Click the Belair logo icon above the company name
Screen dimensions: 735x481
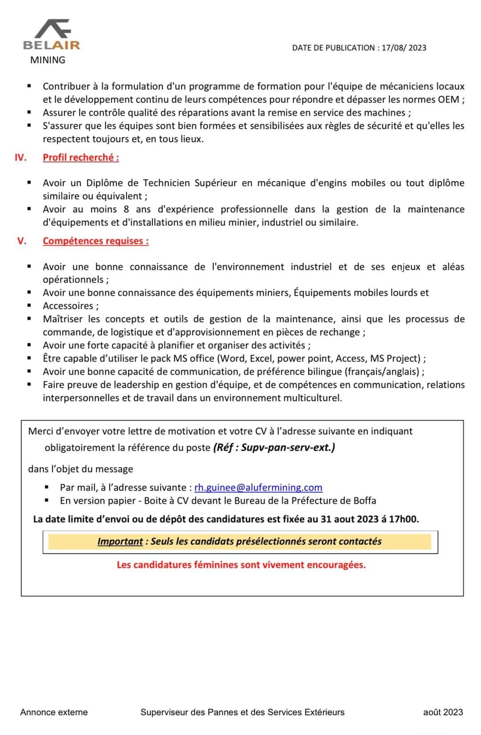coord(53,29)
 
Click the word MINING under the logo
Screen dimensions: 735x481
coord(48,60)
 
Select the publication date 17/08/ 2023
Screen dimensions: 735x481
coord(404,48)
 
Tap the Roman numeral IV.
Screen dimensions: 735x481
coord(20,157)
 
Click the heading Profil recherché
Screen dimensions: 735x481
coord(81,157)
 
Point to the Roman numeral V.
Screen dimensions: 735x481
coord(22,241)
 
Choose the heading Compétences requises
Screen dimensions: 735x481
coord(95,241)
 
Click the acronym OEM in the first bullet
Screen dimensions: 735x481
coord(448,99)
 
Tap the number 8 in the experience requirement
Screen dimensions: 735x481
coord(126,209)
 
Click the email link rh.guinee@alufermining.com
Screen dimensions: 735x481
coord(258,487)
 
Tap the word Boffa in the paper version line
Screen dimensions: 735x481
coord(365,500)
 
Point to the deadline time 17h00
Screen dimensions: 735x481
coord(403,519)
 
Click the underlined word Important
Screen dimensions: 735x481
coord(120,541)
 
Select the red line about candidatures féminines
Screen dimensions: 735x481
coord(241,564)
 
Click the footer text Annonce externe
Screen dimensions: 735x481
coord(54,712)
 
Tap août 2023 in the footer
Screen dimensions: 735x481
coord(443,712)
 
